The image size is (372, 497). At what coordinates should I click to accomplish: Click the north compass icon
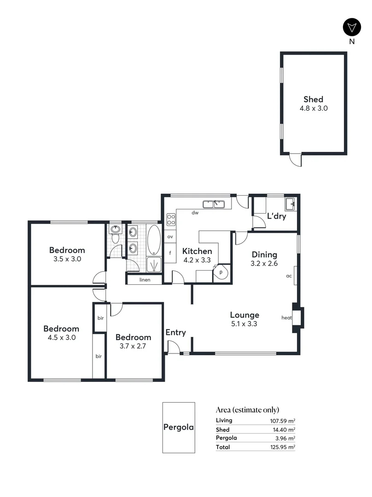(x=352, y=27)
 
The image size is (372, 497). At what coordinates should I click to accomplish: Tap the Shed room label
(x=313, y=99)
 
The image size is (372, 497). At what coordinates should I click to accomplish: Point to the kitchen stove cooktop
(x=170, y=219)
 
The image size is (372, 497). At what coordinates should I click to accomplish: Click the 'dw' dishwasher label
(x=195, y=213)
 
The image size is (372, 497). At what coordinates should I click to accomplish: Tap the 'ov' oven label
(x=170, y=237)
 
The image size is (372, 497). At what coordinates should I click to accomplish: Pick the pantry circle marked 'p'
(x=221, y=272)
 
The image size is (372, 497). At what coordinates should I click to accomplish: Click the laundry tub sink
(x=291, y=204)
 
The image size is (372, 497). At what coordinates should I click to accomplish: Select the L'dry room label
(x=276, y=216)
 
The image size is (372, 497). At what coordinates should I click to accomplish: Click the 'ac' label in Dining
(x=289, y=276)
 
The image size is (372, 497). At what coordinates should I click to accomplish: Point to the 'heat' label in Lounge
(x=287, y=318)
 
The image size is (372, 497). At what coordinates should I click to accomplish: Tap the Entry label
(x=175, y=332)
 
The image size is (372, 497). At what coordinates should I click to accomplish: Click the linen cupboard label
(x=145, y=280)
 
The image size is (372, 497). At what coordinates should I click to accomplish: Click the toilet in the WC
(x=115, y=238)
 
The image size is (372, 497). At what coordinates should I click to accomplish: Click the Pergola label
(x=179, y=427)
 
